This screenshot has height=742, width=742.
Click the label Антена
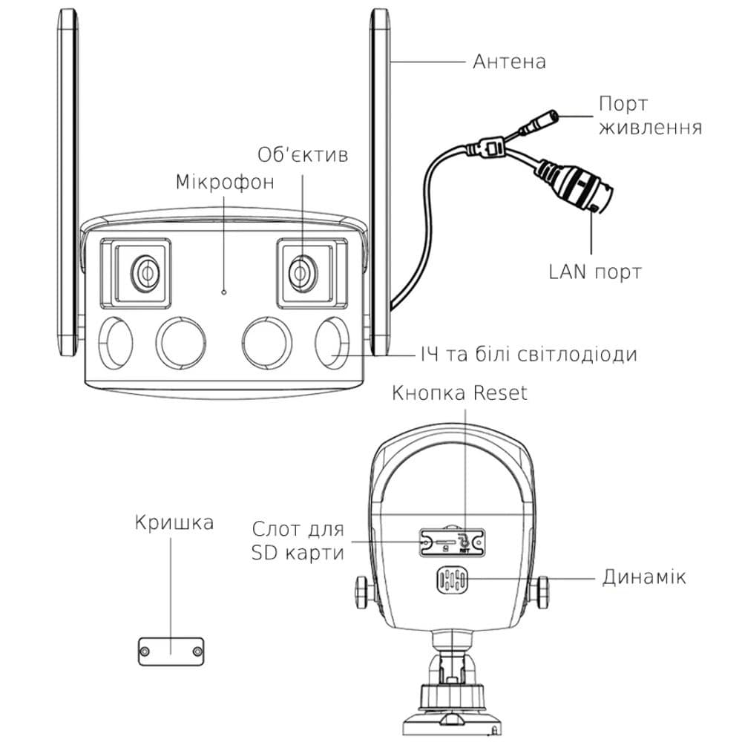click(x=509, y=61)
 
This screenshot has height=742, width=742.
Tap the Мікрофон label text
click(x=225, y=182)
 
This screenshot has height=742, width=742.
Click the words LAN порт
click(x=595, y=272)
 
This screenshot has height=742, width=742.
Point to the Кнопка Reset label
click(x=460, y=393)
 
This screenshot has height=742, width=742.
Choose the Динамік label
click(x=644, y=577)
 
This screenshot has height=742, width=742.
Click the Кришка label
click(x=174, y=522)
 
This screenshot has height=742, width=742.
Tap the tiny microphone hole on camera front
click(x=224, y=292)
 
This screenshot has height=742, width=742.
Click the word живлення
click(x=650, y=127)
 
